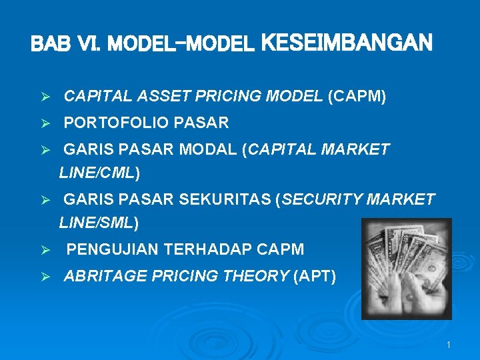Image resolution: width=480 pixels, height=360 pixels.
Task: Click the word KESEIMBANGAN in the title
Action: tap(347, 43)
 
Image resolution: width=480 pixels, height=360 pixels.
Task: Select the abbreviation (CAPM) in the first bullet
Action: tap(357, 97)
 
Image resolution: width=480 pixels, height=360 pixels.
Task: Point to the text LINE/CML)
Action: tap(99, 173)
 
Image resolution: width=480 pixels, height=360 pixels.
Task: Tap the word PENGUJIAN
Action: tap(113, 250)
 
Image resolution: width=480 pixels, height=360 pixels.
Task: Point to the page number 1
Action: tap(449, 345)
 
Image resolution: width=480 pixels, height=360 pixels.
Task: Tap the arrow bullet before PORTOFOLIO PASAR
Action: tap(46, 123)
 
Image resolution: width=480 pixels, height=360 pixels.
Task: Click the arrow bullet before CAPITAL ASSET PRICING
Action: tap(46, 97)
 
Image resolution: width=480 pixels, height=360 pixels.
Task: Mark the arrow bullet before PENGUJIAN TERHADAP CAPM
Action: tap(46, 251)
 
